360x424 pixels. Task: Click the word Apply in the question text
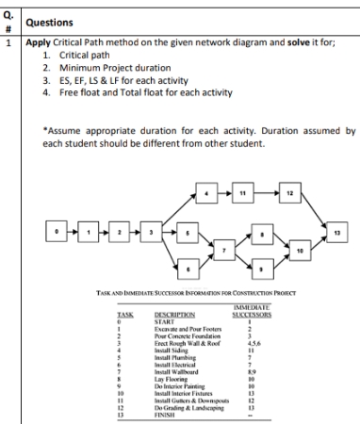[39, 42]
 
